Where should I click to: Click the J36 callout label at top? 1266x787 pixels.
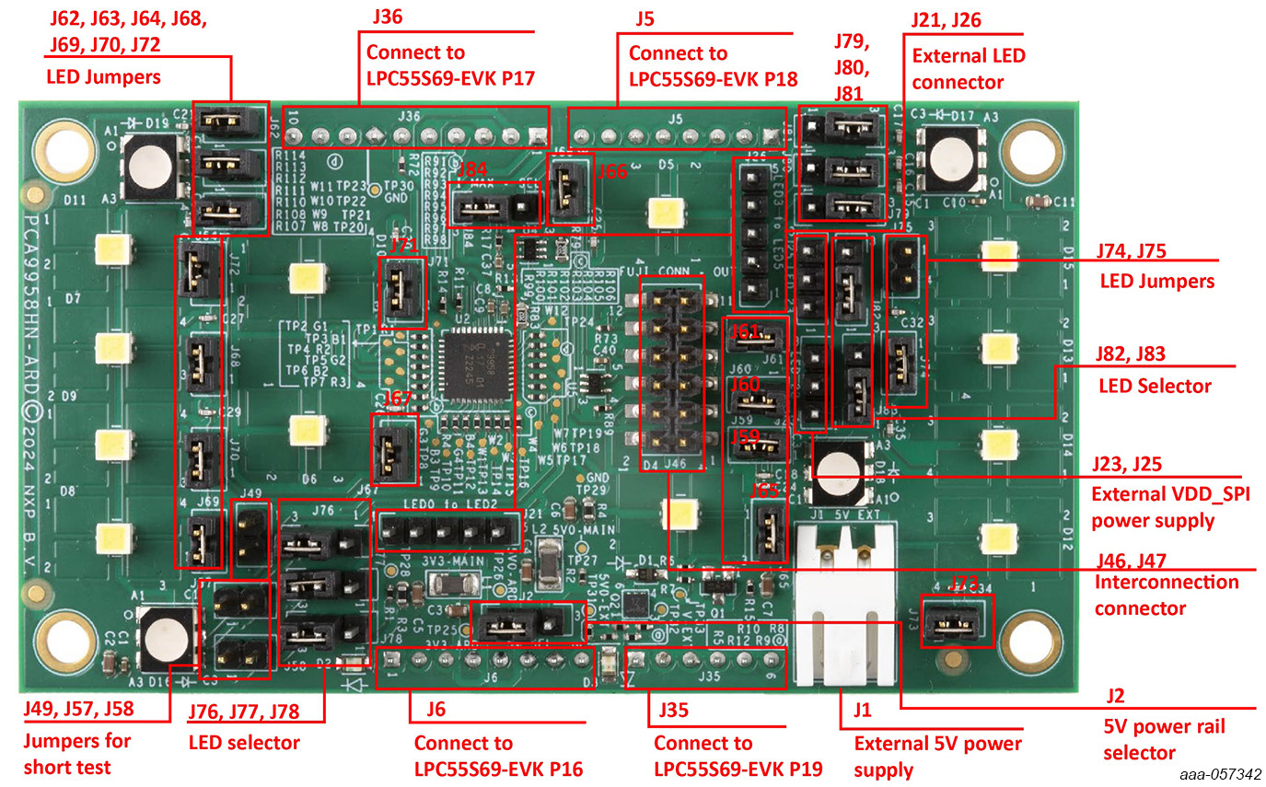pyautogui.click(x=388, y=17)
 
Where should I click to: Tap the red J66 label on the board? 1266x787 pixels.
pyautogui.click(x=611, y=171)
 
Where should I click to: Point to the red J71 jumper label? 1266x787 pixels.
pyautogui.click(x=403, y=246)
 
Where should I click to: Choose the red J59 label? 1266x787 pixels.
pyautogui.click(x=745, y=436)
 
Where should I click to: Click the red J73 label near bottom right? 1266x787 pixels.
pyautogui.click(x=962, y=584)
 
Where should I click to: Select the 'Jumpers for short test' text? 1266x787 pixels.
pyautogui.click(x=77, y=754)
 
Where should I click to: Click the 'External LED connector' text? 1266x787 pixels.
pyautogui.click(x=968, y=69)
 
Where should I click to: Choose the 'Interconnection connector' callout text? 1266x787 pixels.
pyautogui.click(x=1166, y=595)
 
